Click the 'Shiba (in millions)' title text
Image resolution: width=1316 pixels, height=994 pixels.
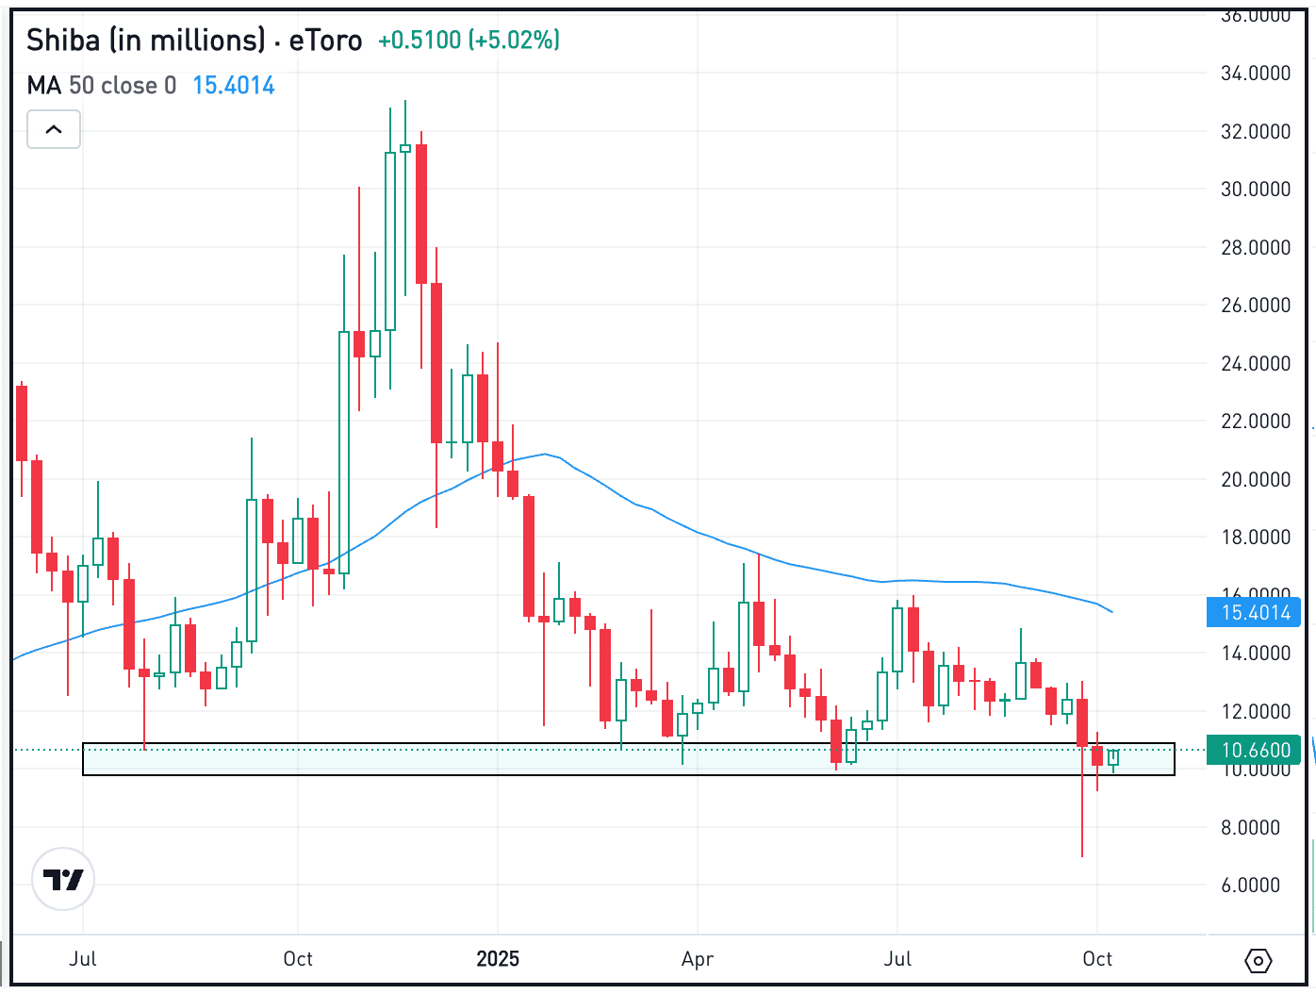click(146, 41)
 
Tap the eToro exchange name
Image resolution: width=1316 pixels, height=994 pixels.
click(325, 41)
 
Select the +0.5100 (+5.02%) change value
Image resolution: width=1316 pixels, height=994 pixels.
click(469, 41)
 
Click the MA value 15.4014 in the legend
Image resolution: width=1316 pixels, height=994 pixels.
click(234, 86)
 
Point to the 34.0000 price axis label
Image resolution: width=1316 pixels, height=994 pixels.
click(1255, 74)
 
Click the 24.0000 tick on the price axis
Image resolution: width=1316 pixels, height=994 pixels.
click(1255, 364)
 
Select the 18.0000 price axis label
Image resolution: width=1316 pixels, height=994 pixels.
click(1255, 538)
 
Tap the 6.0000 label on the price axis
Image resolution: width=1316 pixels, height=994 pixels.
click(1255, 886)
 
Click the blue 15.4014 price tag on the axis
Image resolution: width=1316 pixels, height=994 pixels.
click(1255, 613)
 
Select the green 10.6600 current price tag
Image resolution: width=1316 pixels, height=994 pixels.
click(1255, 751)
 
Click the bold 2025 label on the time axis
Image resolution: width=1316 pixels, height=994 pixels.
click(498, 959)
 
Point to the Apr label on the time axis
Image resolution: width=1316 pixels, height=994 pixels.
click(698, 959)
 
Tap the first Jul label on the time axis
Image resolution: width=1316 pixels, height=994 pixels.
click(83, 959)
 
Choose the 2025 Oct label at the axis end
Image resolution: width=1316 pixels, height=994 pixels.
click(1097, 959)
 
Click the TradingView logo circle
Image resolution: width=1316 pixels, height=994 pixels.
click(63, 880)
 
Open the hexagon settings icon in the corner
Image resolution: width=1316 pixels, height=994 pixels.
click(1258, 961)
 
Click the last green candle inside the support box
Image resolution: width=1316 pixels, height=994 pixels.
click(1113, 757)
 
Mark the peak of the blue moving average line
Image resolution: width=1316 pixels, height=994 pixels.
click(545, 455)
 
